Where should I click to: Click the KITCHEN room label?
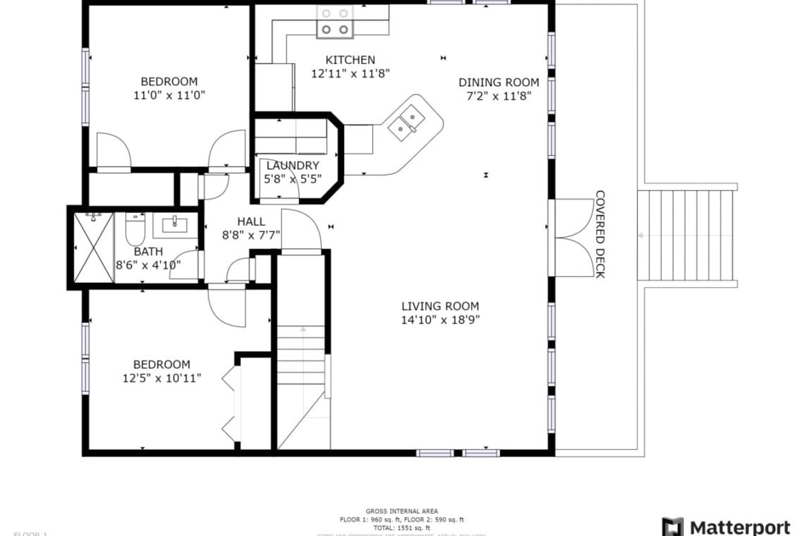click(350, 60)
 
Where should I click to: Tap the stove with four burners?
click(334, 21)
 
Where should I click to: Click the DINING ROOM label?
click(499, 83)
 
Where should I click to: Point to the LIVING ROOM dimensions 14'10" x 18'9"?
click(440, 319)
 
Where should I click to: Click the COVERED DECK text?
click(600, 234)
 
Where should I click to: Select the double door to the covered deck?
click(572, 238)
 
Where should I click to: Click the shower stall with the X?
click(92, 248)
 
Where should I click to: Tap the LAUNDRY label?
click(293, 166)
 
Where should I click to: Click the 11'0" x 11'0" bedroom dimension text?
click(169, 95)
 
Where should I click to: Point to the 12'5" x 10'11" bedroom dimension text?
click(162, 378)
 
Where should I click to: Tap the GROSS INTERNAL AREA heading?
click(401, 511)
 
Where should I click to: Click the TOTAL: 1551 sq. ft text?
click(401, 527)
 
